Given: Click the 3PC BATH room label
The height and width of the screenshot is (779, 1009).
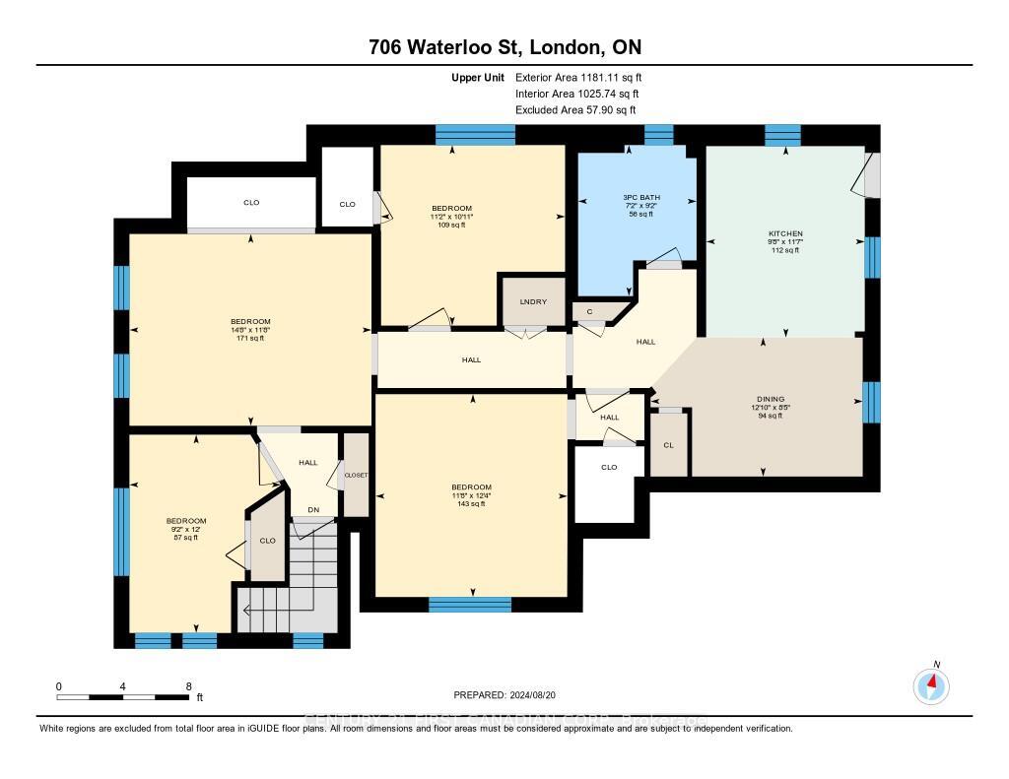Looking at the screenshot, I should [x=642, y=198].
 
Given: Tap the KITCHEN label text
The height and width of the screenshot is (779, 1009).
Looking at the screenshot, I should [x=784, y=234].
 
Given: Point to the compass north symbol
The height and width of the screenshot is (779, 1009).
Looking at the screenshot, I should [x=931, y=683].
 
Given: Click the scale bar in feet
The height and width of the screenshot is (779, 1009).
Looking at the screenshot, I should [x=123, y=697].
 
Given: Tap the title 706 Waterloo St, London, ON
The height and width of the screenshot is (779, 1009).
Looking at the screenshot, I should [x=504, y=47].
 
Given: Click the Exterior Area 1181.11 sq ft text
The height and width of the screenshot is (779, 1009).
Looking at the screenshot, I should [x=578, y=77].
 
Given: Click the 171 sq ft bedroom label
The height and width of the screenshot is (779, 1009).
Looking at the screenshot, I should [x=250, y=329].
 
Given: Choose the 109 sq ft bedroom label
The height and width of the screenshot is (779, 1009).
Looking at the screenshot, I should [x=451, y=217].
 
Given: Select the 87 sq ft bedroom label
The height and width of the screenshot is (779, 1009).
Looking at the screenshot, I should [x=185, y=529].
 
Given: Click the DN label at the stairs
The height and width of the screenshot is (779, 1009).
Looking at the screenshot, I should [x=313, y=509].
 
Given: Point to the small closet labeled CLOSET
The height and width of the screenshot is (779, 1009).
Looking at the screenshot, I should [x=355, y=475].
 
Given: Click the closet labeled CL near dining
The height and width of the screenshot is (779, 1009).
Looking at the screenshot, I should [x=668, y=445].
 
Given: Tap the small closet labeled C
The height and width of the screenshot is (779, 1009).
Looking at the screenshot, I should [x=589, y=312].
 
